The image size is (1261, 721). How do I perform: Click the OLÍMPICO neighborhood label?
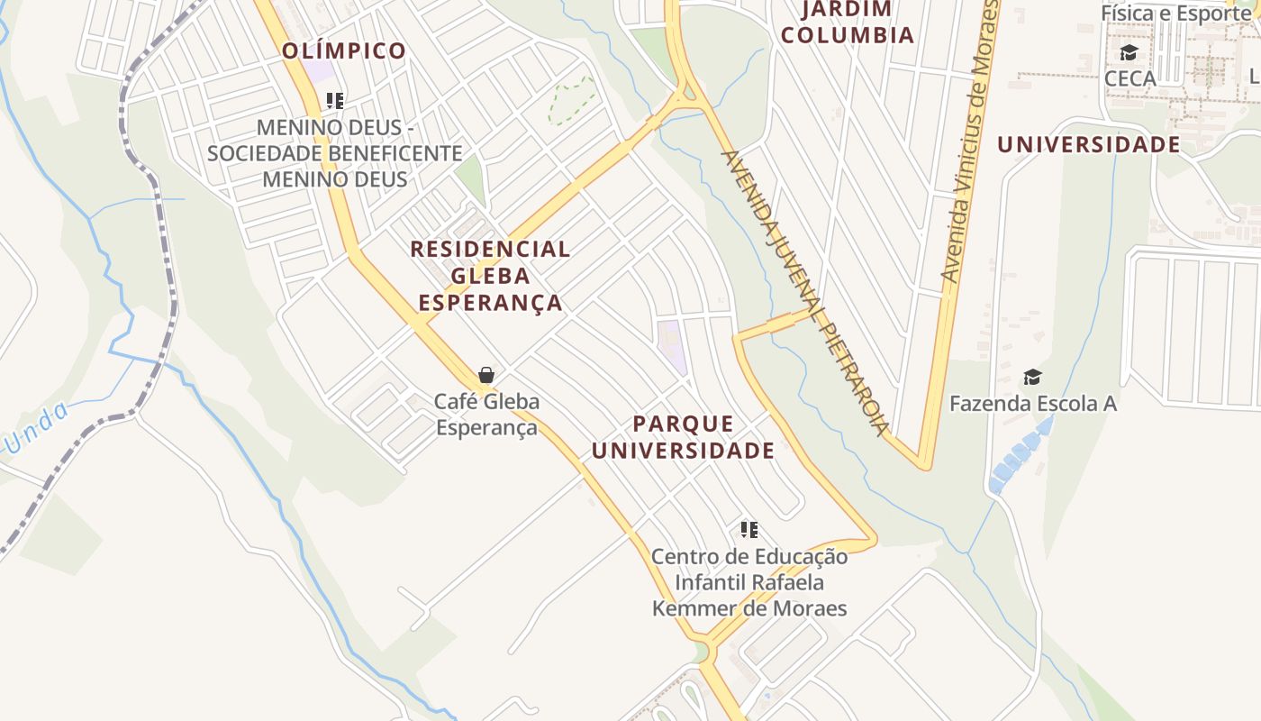[x=344, y=50]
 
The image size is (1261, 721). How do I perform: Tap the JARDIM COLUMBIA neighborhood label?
[x=847, y=23]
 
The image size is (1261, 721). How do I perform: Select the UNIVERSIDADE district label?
[x=1088, y=144]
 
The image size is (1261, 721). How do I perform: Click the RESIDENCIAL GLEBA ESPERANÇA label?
[x=490, y=275]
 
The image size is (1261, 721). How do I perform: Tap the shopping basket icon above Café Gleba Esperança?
[x=486, y=375]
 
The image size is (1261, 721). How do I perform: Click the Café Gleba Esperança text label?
[x=486, y=414]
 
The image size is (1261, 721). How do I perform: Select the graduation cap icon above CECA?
[x=1129, y=52]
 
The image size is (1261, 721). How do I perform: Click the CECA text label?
[x=1129, y=78]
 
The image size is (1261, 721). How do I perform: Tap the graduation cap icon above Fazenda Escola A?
[x=1032, y=377]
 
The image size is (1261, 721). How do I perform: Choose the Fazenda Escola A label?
[x=1032, y=403]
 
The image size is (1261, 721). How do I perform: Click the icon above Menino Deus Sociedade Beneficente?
[x=335, y=100]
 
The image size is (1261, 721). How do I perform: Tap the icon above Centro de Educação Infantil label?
[x=748, y=530]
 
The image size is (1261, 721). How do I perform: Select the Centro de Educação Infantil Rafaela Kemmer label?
[x=749, y=582]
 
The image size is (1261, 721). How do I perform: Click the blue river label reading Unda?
[x=36, y=428]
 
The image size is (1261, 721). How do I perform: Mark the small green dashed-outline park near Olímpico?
[x=572, y=101]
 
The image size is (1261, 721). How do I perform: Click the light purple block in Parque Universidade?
[x=671, y=347]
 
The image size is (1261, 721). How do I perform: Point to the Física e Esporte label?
[x=1175, y=13]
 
